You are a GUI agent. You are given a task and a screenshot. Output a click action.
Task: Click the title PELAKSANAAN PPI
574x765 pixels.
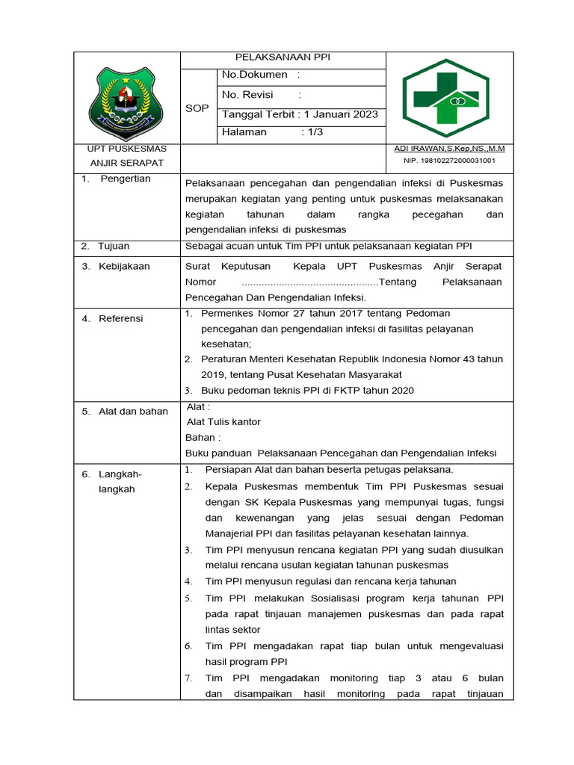(x=283, y=57)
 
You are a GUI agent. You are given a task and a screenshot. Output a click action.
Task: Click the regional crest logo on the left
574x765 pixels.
(x=126, y=97)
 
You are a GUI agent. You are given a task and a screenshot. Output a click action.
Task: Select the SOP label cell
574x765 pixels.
(x=197, y=108)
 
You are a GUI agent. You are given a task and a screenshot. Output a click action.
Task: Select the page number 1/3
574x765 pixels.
(x=312, y=132)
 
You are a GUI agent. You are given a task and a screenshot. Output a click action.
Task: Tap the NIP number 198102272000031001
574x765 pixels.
(x=449, y=161)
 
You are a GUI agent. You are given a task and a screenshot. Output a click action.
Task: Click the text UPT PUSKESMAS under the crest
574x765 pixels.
(x=126, y=149)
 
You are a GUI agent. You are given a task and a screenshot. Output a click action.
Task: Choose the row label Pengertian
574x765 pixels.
(x=126, y=179)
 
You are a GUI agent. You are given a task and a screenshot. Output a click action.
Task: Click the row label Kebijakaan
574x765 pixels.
(x=124, y=266)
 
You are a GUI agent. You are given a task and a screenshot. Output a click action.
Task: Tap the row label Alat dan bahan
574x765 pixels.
(x=133, y=411)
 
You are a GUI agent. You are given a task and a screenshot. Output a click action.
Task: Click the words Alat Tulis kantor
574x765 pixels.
(x=223, y=422)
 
